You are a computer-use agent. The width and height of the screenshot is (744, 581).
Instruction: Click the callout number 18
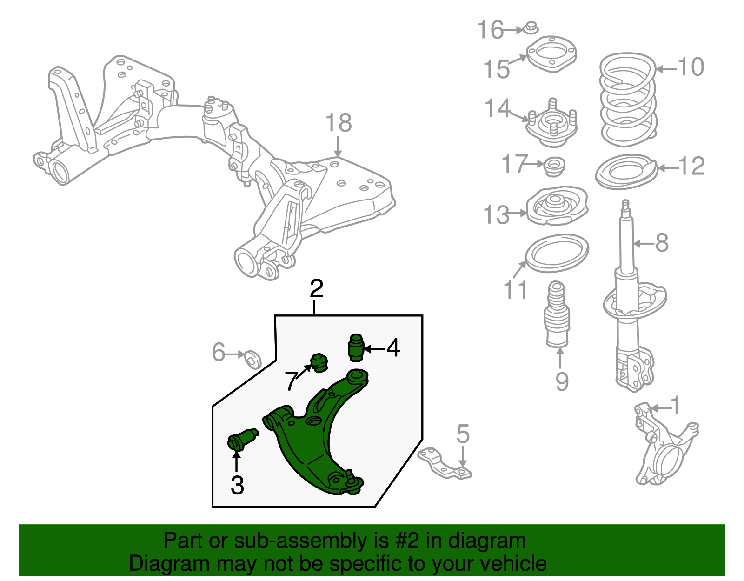338,124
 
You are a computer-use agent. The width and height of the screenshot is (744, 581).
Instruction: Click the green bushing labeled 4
356,347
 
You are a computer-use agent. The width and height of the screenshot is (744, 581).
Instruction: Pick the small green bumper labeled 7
319,362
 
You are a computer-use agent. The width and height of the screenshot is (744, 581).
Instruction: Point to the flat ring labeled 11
557,253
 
